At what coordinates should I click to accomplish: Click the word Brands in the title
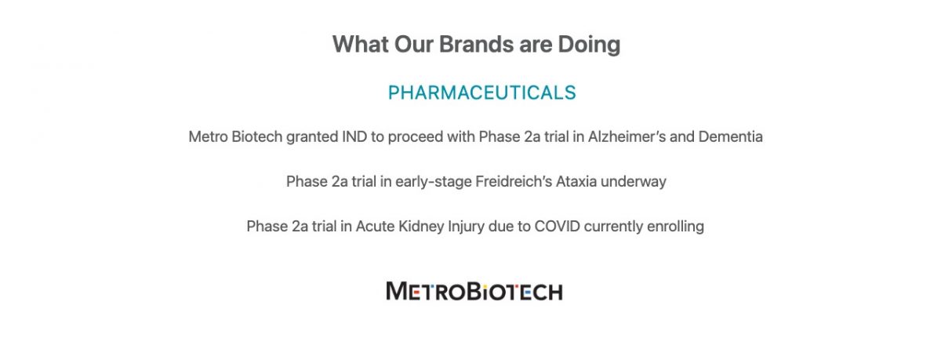476,44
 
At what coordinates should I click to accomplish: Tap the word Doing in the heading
589,45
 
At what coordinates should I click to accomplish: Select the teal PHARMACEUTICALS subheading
481,93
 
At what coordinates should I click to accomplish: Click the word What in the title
361,44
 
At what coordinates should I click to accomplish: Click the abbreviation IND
354,137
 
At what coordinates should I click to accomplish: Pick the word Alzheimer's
627,137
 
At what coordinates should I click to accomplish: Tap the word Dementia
731,137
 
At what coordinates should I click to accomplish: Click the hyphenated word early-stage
434,182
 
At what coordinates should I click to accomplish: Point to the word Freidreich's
514,181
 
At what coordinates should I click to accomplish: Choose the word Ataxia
576,181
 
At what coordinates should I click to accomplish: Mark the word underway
634,182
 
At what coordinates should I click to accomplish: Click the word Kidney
421,227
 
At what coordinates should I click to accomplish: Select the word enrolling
675,227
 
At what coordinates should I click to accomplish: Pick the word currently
613,227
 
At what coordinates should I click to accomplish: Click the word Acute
375,227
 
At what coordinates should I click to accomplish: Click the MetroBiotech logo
474,291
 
